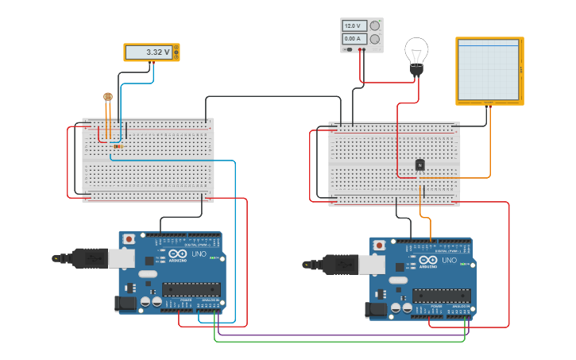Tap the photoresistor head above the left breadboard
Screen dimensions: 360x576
tap(108, 98)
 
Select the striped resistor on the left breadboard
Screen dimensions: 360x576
tap(118, 146)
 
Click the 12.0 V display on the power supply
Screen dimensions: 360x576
tap(354, 26)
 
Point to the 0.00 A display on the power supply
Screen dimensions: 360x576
tap(354, 38)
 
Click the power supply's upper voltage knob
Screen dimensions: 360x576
tap(374, 25)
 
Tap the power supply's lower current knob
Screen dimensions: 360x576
tap(374, 38)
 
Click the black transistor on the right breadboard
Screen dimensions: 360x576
tap(419, 165)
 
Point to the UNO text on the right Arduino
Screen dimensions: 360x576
tap(450, 260)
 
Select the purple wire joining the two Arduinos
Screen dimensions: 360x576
tap(342, 335)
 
